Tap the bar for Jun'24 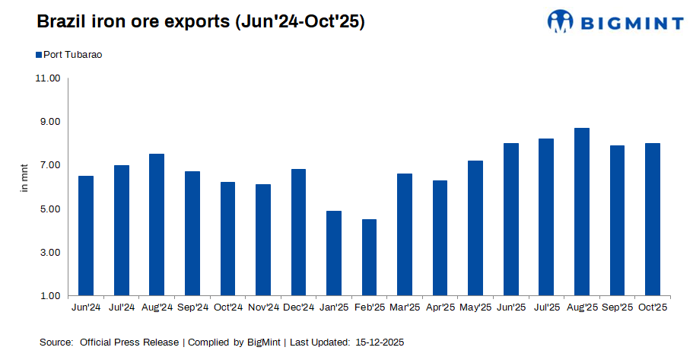tap(86, 235)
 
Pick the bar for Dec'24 tap(298, 232)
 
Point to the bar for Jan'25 tap(334, 253)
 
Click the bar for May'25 tap(475, 228)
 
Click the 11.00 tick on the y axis tap(47, 78)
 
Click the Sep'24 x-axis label tap(192, 307)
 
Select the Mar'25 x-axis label tap(405, 307)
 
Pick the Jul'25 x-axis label tap(546, 307)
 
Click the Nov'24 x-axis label tap(263, 307)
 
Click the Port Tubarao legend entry tap(73, 55)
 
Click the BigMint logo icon tap(561, 22)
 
